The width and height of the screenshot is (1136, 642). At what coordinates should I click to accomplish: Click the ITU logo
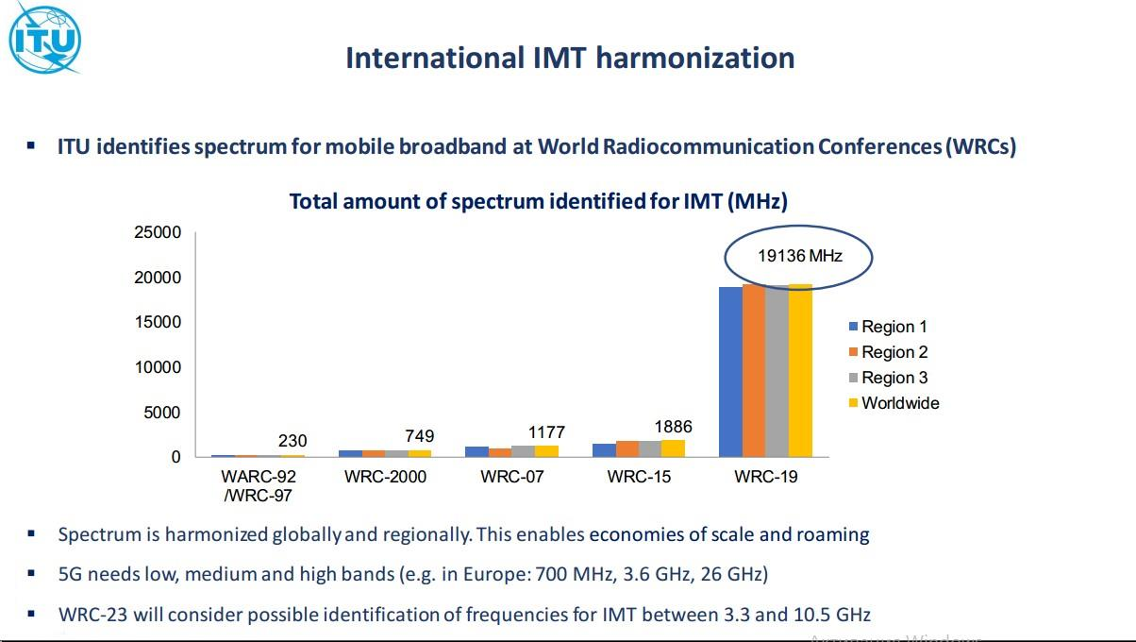tap(44, 38)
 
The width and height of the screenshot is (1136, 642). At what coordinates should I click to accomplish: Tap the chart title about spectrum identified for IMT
tap(538, 201)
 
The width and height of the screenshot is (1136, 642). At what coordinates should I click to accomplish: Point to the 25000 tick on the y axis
tap(157, 232)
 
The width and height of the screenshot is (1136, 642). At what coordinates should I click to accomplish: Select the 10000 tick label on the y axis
tap(157, 367)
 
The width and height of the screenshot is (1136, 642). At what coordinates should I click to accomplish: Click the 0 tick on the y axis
tap(175, 457)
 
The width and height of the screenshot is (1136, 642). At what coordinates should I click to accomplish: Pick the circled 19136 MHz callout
tap(799, 256)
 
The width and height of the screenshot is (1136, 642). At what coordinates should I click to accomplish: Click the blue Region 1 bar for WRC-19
tap(730, 371)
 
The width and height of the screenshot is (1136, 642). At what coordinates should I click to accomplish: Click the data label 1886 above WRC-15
tap(673, 426)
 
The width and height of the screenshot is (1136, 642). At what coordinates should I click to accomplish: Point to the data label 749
tap(419, 435)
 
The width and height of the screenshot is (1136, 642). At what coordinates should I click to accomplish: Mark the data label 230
tap(292, 441)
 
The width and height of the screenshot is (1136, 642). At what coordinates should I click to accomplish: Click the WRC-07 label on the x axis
tap(512, 477)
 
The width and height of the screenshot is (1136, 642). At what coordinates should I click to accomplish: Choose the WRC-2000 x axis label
tap(385, 477)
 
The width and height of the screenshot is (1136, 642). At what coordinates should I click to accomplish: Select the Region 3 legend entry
tap(893, 378)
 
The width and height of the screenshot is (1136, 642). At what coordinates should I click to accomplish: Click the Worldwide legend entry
tap(899, 403)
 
